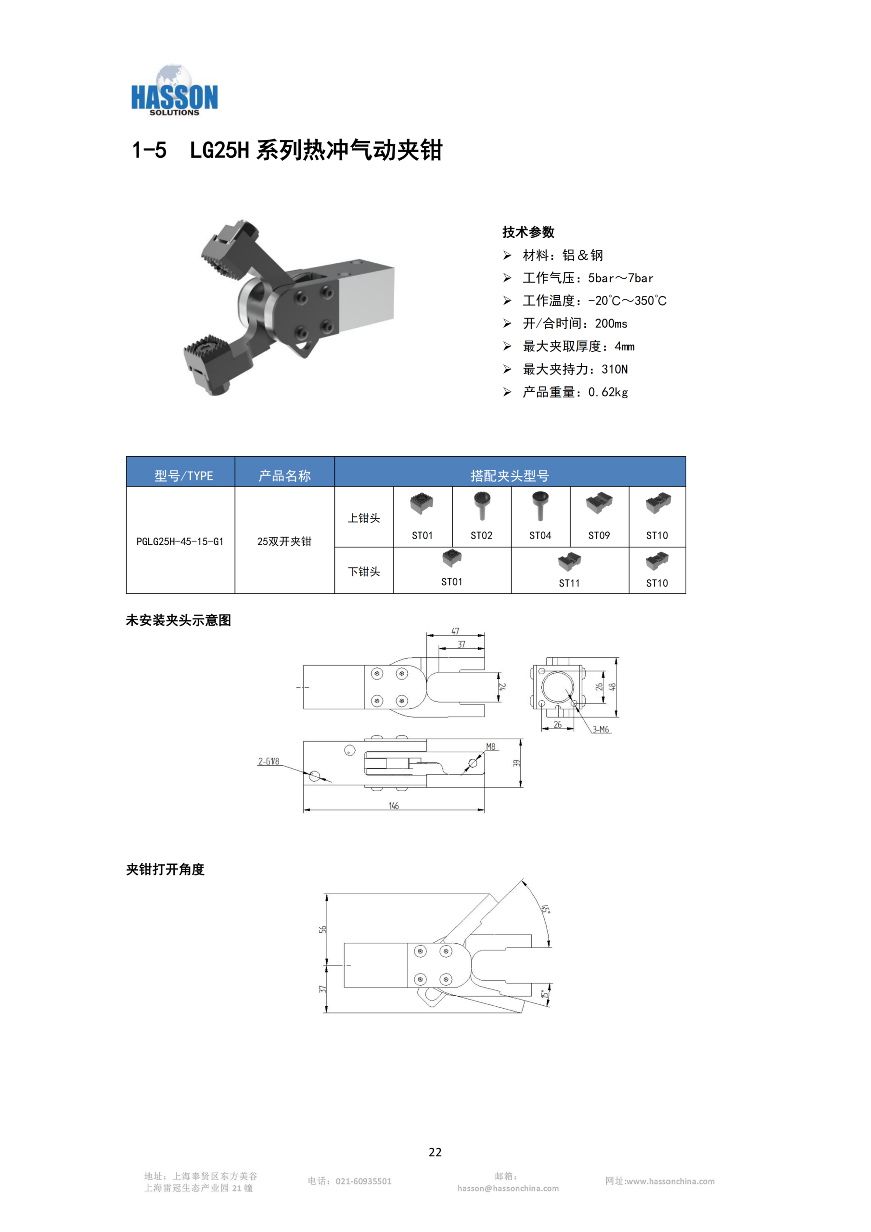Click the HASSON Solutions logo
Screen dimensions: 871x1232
[x=174, y=90]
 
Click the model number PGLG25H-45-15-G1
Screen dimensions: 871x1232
[x=180, y=541]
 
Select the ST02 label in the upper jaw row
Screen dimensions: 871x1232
[x=481, y=536]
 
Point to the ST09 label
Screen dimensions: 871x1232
[x=599, y=536]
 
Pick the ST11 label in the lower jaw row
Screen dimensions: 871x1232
[x=569, y=583]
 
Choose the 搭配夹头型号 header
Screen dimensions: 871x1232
[x=510, y=476]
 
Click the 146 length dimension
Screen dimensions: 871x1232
[x=394, y=806]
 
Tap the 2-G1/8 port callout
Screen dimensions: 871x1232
[x=269, y=761]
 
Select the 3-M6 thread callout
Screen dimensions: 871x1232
[x=601, y=730]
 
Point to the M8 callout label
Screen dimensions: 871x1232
[x=491, y=747]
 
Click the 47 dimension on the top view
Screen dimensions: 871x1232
[x=456, y=631]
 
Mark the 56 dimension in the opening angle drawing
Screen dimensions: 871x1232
[x=322, y=929]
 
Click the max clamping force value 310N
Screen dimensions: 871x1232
[x=615, y=369]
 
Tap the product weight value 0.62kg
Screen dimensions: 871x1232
[x=608, y=392]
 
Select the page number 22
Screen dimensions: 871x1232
[x=435, y=1152]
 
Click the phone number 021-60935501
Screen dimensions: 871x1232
[x=364, y=1181]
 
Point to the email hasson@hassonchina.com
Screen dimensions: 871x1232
[x=508, y=1189]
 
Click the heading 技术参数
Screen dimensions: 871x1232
[x=528, y=232]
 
